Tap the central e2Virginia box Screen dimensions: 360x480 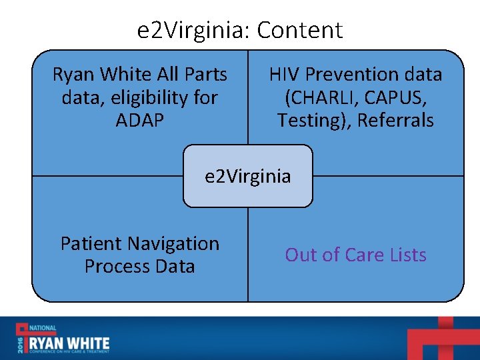click(248, 176)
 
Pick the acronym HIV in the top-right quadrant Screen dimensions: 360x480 click(285, 74)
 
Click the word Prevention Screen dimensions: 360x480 click(354, 74)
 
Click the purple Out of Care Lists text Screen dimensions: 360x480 click(355, 255)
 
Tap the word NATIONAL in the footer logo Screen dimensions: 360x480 click(43, 328)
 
